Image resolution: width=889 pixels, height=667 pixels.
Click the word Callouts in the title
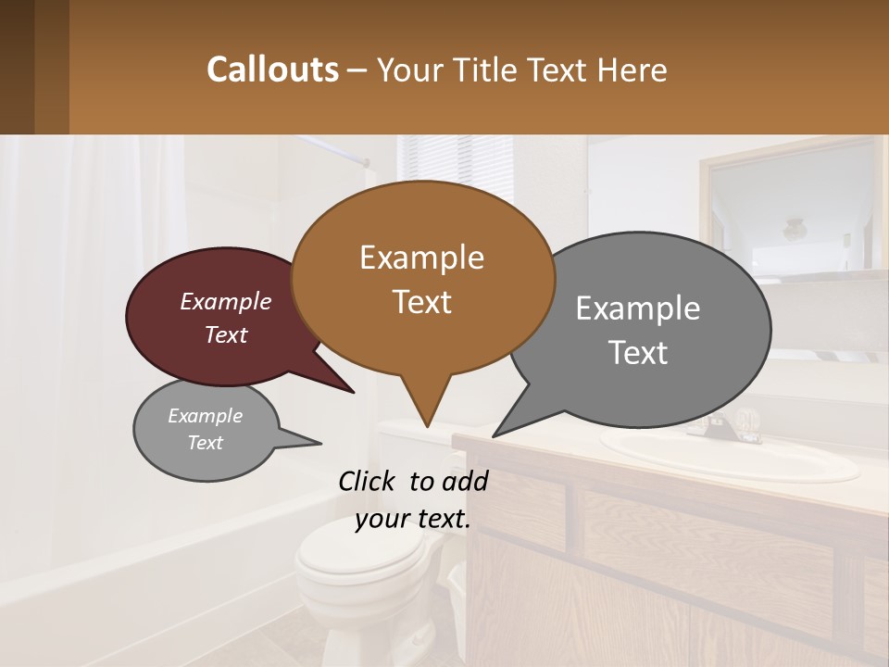point(272,69)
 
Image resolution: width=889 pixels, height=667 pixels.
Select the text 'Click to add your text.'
point(412,499)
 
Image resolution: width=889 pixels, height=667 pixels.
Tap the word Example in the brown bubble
point(421,258)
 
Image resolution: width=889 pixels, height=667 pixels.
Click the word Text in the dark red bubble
point(226,335)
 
